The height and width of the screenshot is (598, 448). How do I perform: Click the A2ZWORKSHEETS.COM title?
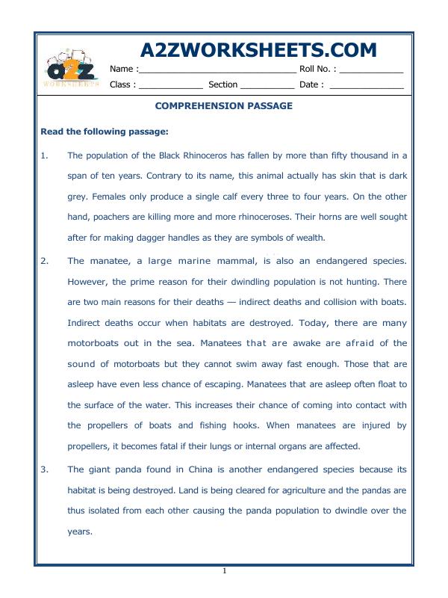[258, 50]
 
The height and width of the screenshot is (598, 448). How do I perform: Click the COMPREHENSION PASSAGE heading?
[223, 106]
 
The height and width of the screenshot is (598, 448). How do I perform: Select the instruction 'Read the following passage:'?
[105, 132]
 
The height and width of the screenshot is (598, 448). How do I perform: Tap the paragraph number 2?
[44, 262]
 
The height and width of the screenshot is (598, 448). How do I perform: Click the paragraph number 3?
[44, 469]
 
